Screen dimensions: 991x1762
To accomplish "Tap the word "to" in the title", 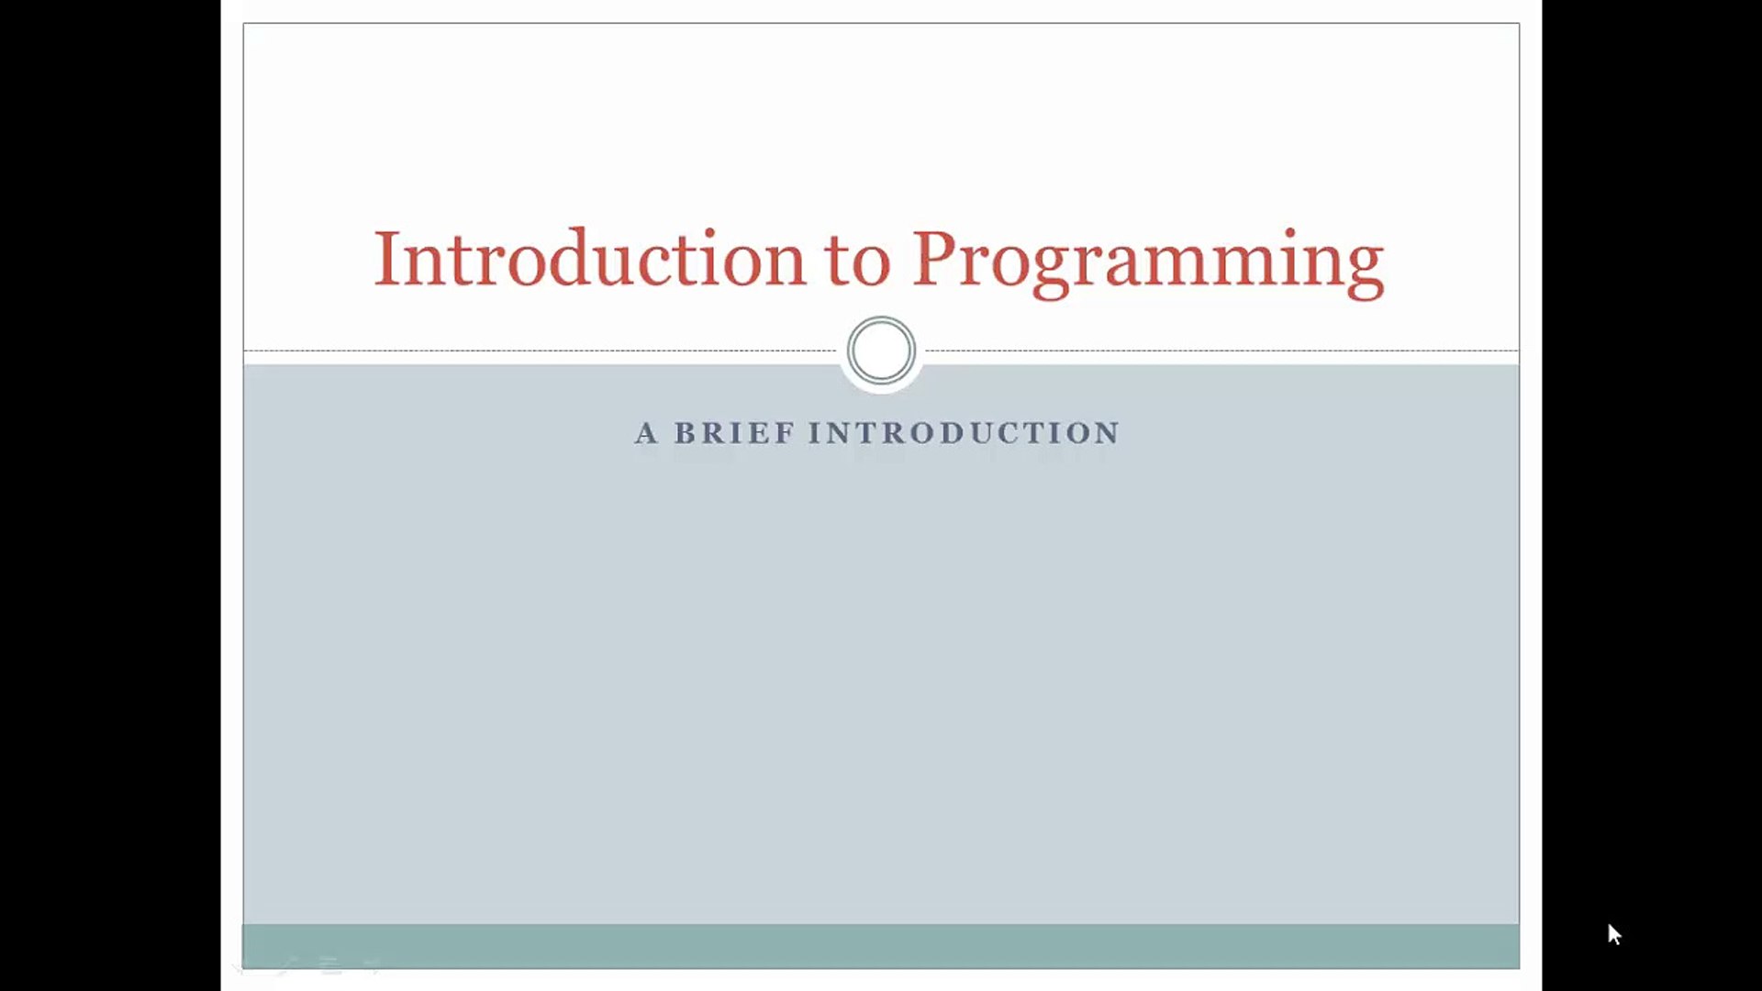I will (857, 262).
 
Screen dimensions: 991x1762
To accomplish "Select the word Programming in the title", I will (1147, 262).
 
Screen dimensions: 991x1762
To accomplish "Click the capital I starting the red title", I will (385, 259).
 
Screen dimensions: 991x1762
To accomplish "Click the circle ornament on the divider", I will (881, 351).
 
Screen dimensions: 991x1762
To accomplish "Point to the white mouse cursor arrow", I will (1613, 933).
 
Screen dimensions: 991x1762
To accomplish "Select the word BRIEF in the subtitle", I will (734, 433).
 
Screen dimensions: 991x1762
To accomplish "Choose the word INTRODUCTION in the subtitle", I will (964, 433).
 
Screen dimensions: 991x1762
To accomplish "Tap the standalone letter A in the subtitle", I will (646, 433).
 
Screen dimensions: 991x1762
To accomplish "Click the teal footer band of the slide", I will (881, 946).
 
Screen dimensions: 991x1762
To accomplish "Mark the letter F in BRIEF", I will (786, 433).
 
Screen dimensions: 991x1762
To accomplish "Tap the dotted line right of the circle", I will (1221, 351).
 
